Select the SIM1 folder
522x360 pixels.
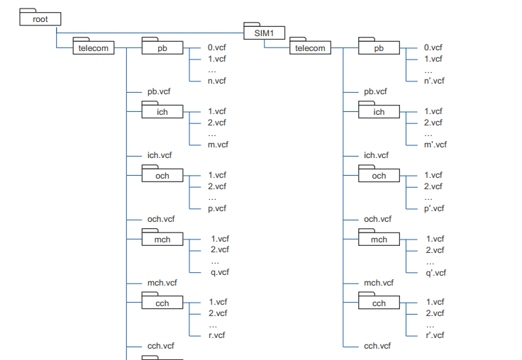pos(265,33)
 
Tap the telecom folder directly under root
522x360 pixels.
pos(93,48)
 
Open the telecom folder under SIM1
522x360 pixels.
pos(310,48)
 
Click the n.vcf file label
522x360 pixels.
pos(217,81)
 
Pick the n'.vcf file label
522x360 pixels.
pos(434,81)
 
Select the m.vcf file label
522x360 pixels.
pos(218,145)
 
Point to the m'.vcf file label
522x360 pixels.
pos(435,145)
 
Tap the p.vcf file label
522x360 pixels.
pos(217,208)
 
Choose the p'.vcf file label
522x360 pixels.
pos(434,208)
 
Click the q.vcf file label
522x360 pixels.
pos(220,272)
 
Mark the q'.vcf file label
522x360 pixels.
pos(435,272)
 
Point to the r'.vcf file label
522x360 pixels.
pos(434,335)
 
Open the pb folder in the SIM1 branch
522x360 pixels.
pos(379,48)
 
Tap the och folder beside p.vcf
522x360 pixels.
pos(162,176)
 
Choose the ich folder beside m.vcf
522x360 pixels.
pos(162,112)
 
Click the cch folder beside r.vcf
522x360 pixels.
pos(162,303)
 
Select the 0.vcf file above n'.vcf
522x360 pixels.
pos(433,47)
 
